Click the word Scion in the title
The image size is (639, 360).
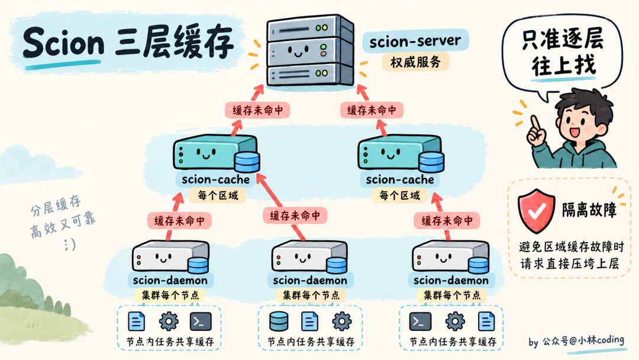tap(63, 42)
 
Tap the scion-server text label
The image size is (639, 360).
tap(415, 41)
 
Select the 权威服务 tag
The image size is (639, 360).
tap(415, 62)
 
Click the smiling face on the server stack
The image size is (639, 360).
tap(298, 52)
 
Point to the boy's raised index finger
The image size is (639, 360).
tap(534, 124)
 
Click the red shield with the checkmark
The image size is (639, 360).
tap(536, 210)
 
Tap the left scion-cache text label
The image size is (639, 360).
tap(215, 179)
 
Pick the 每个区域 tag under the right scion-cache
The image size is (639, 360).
tap(400, 195)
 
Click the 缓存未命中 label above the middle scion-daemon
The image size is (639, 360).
tap(295, 216)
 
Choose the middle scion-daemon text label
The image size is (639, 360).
tap(309, 280)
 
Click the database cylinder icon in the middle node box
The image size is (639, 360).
tap(279, 322)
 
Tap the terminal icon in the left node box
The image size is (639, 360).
tap(201, 322)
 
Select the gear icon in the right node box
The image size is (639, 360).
tap(455, 322)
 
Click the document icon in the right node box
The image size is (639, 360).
tap(486, 321)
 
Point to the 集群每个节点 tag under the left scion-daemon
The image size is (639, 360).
tap(170, 295)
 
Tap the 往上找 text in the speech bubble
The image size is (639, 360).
tap(564, 65)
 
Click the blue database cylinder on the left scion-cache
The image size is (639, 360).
tap(247, 162)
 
